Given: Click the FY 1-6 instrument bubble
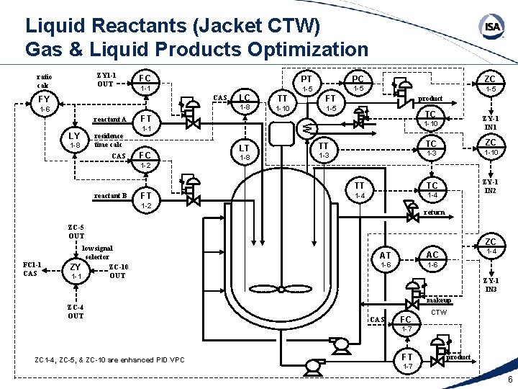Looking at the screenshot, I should coord(45,104).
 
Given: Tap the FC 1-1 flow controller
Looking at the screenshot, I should coord(145,82).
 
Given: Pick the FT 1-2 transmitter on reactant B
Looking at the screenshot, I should coord(145,200).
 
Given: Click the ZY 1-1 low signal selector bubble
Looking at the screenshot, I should coord(76,272).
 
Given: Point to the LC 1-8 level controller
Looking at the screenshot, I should coord(245,102).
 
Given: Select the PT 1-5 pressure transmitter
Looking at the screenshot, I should coord(306,83).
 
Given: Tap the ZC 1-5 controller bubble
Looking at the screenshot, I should coord(491,84).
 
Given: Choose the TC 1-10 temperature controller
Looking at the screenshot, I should coord(430,119).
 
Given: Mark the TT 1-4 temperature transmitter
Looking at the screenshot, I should coord(360,190).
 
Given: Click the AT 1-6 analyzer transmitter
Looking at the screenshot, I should coord(386,260).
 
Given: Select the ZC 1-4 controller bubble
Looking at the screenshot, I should coord(491,246).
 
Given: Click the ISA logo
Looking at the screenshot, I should coord(491,27).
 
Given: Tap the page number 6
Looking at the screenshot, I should coord(509,380).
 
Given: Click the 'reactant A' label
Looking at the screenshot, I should coord(111,120).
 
